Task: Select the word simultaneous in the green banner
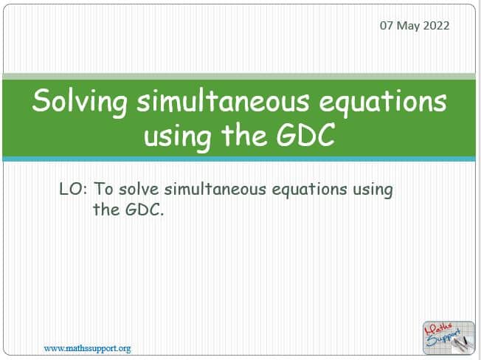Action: coord(223,100)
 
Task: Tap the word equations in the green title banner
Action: coord(383,103)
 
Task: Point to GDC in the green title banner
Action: coord(305,135)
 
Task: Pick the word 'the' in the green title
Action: coord(243,135)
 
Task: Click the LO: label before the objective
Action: coord(73,189)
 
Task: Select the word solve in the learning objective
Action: coord(139,189)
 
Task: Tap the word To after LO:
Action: coord(104,189)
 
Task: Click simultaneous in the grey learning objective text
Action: coord(215,189)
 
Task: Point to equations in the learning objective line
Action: coord(309,190)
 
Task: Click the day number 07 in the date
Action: coord(387,26)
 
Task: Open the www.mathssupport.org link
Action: coord(88,349)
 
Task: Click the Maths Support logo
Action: coord(449,338)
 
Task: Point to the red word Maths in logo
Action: coord(438,330)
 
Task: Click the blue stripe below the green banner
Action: coord(239,159)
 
